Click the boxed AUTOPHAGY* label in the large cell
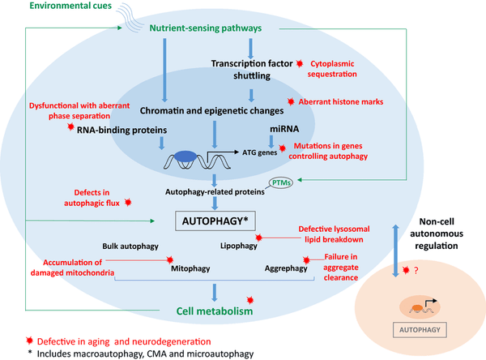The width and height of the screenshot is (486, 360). [x=215, y=221]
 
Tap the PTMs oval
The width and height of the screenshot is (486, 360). [x=281, y=182]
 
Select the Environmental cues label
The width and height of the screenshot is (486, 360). [x=70, y=6]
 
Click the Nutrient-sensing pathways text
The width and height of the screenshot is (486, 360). [x=206, y=28]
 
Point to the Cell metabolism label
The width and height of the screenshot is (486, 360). [x=215, y=311]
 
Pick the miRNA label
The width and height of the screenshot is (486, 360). [x=284, y=129]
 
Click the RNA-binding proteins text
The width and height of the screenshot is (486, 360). [x=122, y=130]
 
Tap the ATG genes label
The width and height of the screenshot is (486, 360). [x=260, y=152]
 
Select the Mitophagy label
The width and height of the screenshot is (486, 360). [x=190, y=268]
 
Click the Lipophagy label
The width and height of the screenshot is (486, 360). [x=239, y=246]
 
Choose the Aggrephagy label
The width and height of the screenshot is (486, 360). [x=286, y=268]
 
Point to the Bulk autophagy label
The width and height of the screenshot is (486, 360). [x=130, y=246]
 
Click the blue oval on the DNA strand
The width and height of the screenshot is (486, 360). [x=185, y=156]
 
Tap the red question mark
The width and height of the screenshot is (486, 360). [x=416, y=271]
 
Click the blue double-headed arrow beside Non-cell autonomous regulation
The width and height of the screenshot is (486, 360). [x=395, y=251]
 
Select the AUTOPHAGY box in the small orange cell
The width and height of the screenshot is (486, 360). [x=420, y=330]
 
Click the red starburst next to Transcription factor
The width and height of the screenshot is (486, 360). [x=300, y=63]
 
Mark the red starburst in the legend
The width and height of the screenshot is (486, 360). [x=29, y=341]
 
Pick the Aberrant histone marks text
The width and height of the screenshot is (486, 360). [x=341, y=102]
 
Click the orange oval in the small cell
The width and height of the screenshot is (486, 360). [x=417, y=308]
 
